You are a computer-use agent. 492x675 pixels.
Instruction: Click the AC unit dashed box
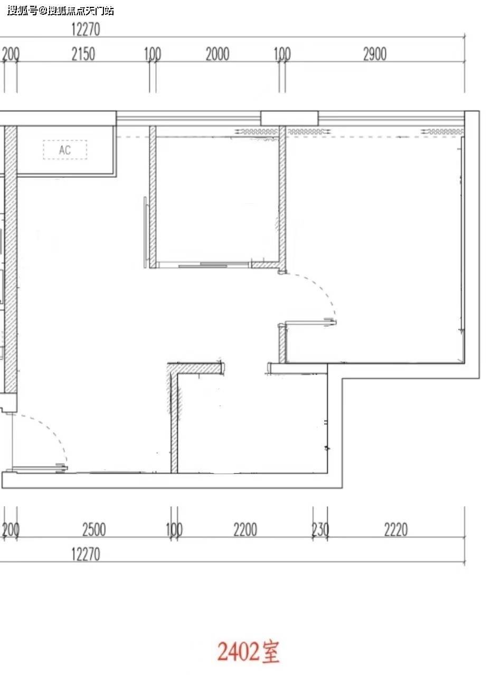coord(65,150)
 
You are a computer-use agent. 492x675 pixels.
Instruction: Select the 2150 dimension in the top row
coord(83,54)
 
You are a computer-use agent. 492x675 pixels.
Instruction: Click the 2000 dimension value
coord(217,54)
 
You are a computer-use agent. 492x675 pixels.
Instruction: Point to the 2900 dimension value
coord(375,54)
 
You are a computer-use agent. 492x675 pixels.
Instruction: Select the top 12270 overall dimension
coord(86,30)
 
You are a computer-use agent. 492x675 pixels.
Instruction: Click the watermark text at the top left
coord(61,11)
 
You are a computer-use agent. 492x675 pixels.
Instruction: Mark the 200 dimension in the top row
coord(11,54)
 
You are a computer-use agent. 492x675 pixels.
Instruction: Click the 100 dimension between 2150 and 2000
coord(153,54)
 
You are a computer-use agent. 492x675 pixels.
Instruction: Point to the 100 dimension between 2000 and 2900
coord(282,54)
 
